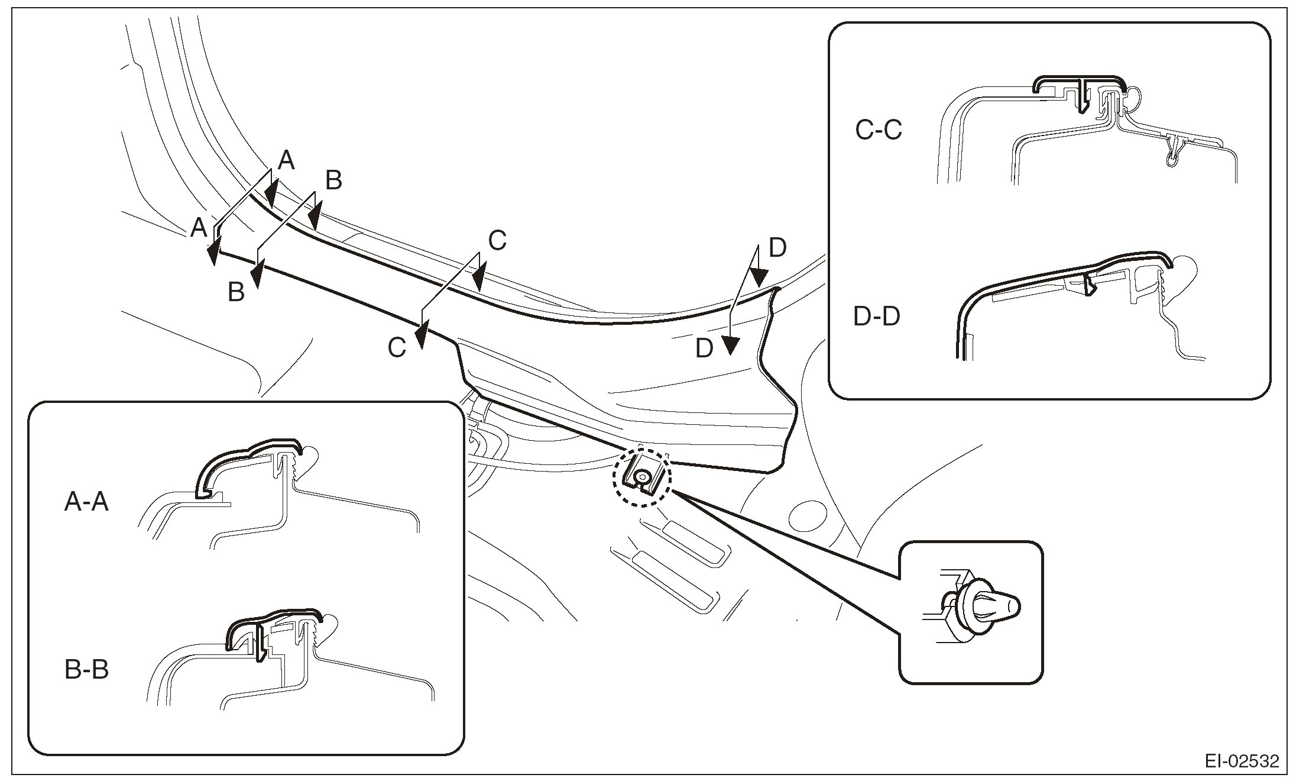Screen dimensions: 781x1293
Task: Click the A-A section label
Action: point(86,503)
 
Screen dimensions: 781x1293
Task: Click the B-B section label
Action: point(86,671)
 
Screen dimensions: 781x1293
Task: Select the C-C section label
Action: point(879,130)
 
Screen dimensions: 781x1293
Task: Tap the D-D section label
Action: point(877,317)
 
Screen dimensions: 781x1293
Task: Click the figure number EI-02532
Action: point(1242,761)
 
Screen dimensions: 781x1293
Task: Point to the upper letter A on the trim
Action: point(286,160)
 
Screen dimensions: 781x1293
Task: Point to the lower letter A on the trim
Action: point(199,227)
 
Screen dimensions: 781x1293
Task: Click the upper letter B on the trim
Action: point(333,180)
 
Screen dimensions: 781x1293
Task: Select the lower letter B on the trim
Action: point(236,292)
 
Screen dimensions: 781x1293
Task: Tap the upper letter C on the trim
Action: point(497,241)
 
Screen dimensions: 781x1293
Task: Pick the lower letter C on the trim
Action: point(397,348)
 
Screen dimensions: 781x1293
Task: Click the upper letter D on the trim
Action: point(777,248)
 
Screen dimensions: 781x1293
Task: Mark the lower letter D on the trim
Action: point(704,349)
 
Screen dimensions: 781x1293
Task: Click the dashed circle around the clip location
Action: point(642,477)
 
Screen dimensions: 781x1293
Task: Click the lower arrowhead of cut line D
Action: point(731,345)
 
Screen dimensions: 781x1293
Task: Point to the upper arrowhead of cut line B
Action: point(315,214)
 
